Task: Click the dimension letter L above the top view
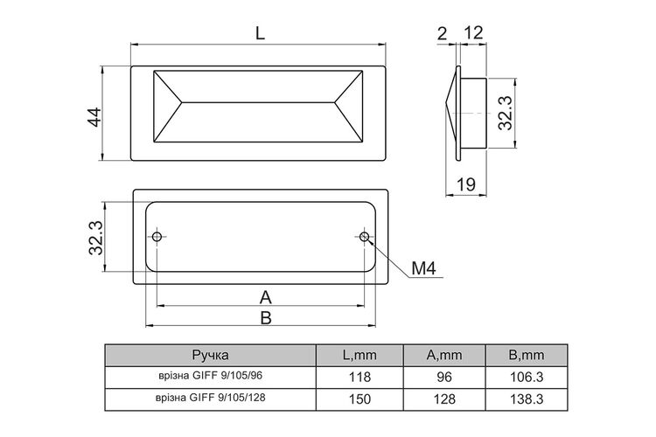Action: pyautogui.click(x=260, y=32)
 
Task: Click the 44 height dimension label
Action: pyautogui.click(x=94, y=117)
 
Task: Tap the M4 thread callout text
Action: pyautogui.click(x=424, y=268)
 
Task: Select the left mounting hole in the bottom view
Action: pyautogui.click(x=157, y=237)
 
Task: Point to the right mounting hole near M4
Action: pyautogui.click(x=365, y=237)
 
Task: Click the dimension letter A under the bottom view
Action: pyautogui.click(x=265, y=298)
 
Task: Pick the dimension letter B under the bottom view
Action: pyautogui.click(x=266, y=318)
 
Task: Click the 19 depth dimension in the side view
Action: pyautogui.click(x=465, y=184)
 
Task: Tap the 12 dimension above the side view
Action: pyautogui.click(x=473, y=32)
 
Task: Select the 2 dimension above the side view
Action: pyautogui.click(x=443, y=33)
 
